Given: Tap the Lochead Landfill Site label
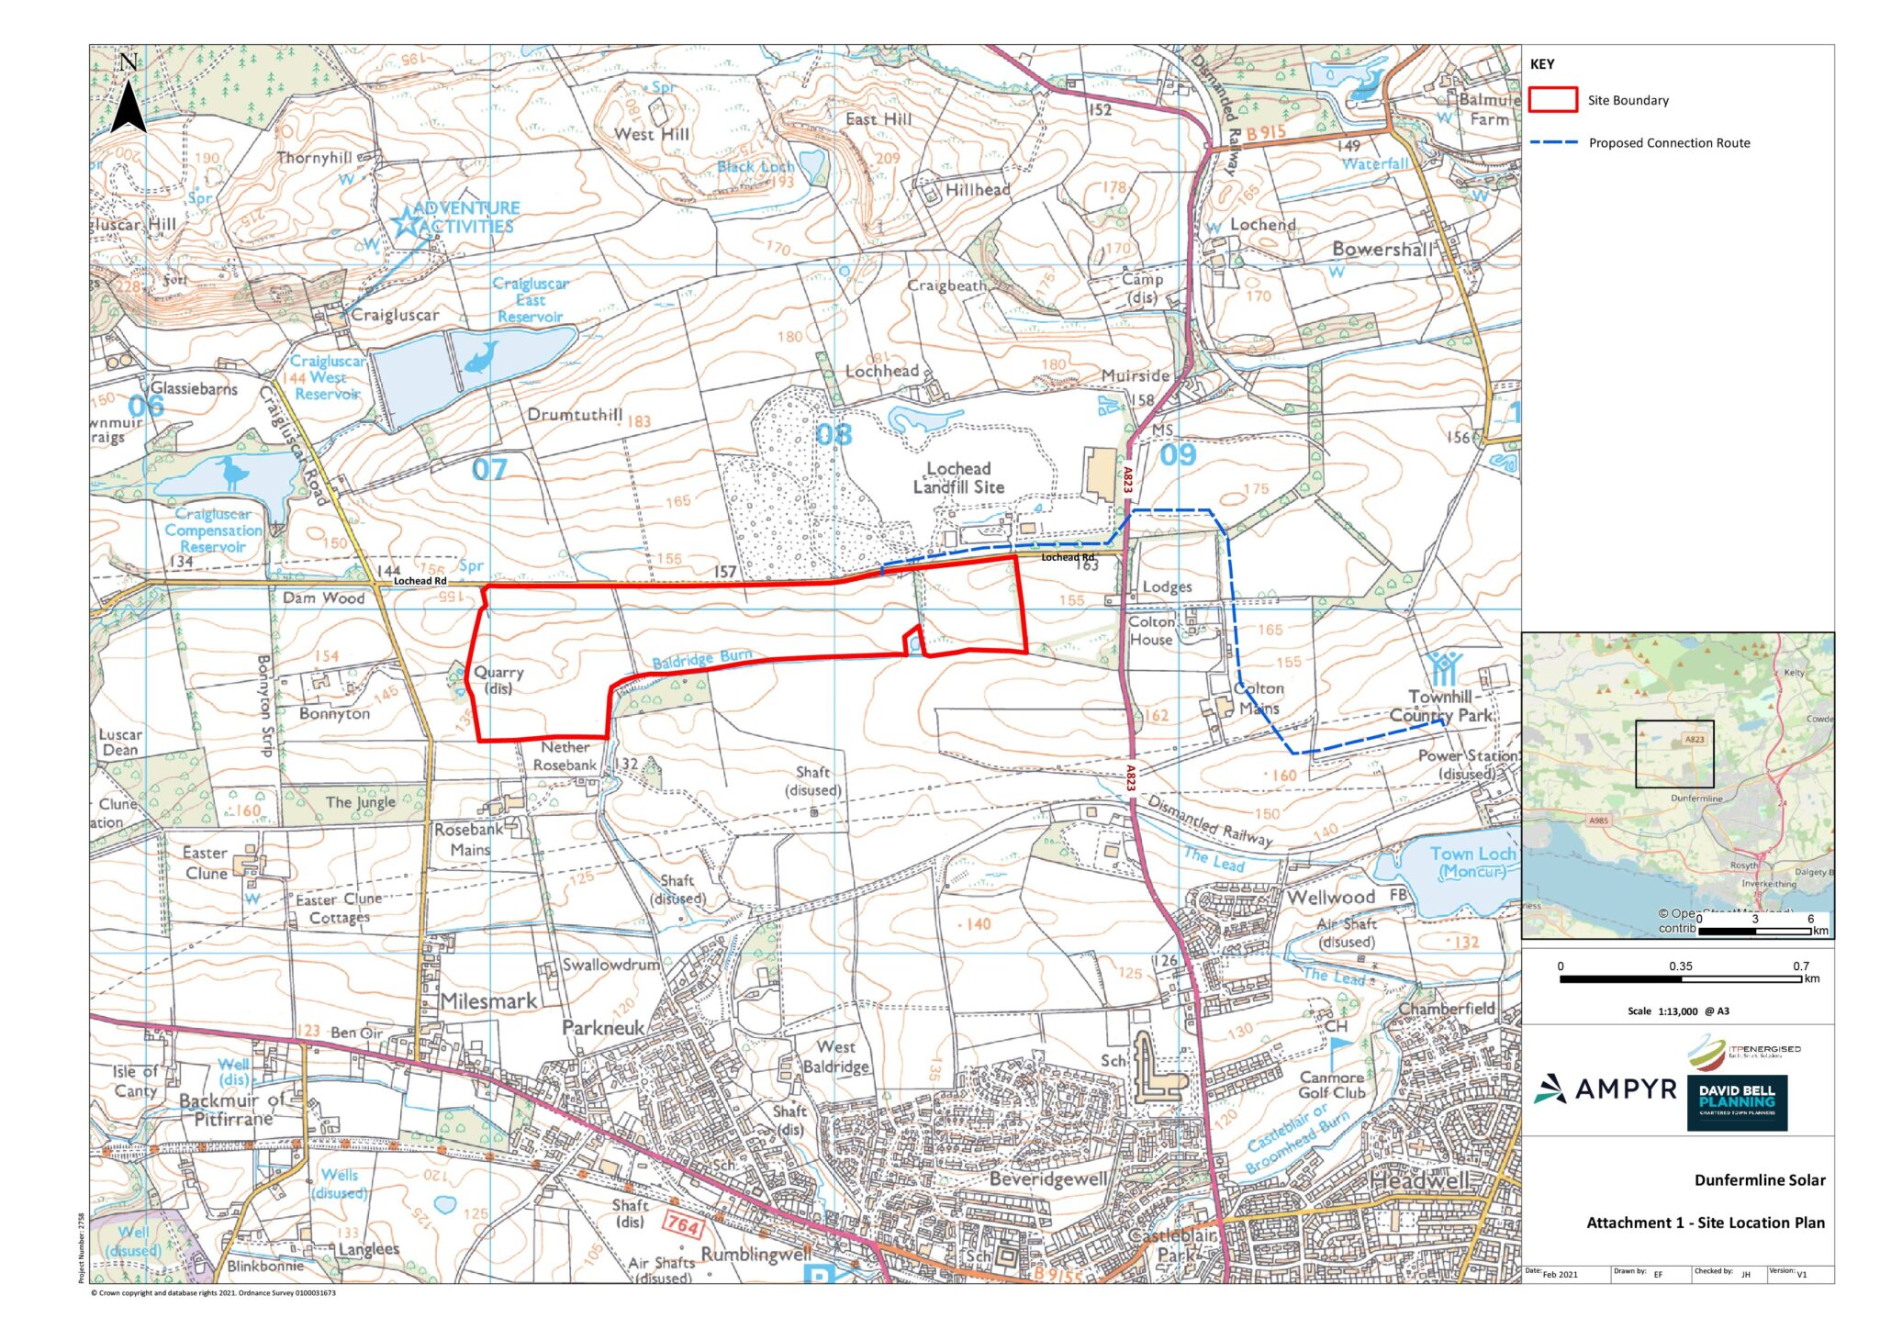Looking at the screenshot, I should click(x=958, y=478).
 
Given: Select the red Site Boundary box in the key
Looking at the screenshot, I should click(x=1552, y=100).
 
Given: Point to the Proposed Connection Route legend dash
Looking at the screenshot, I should click(x=1553, y=143).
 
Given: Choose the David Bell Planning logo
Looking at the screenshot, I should click(x=1737, y=1101).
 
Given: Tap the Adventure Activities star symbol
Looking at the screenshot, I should click(x=405, y=220).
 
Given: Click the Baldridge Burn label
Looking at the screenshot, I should click(x=702, y=659).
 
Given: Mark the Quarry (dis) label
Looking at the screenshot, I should click(x=498, y=680).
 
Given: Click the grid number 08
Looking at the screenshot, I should click(x=834, y=434).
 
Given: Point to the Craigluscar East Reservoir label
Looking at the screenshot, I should click(x=531, y=300).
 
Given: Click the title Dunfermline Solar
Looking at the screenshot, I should click(x=1759, y=1180).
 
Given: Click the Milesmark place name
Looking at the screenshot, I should click(x=488, y=1001).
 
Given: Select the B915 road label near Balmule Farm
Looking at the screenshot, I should click(x=1266, y=134).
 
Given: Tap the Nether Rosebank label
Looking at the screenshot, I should click(x=565, y=756).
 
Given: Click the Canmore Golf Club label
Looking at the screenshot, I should click(x=1331, y=1085).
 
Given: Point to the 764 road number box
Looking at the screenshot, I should click(x=683, y=1225).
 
